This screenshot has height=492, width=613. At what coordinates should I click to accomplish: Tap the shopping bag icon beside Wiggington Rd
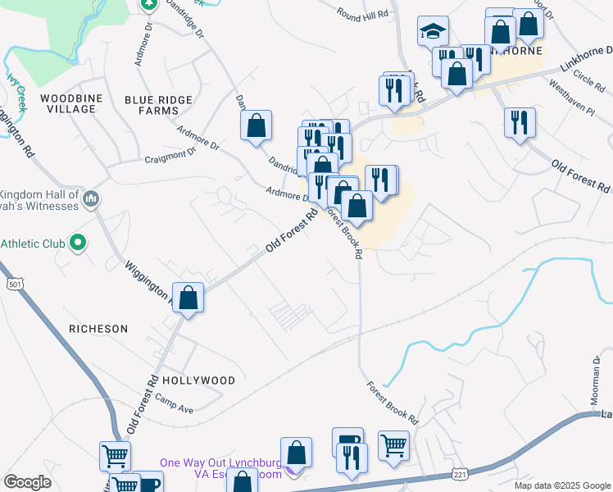point(188,298)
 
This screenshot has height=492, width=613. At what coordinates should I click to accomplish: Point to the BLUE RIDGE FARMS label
point(158,105)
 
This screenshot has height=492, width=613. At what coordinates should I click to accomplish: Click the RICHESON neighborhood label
point(98,329)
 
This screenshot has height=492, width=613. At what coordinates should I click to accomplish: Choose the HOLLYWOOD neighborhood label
point(198,380)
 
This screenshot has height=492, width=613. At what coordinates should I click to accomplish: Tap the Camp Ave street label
point(174,404)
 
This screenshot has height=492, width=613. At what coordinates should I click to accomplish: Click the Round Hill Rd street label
point(363,14)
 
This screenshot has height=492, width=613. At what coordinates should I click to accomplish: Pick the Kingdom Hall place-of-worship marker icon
point(91,198)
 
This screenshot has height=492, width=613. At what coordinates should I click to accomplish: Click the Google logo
point(27,482)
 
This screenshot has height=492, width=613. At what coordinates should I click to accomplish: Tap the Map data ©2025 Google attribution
point(561,485)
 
